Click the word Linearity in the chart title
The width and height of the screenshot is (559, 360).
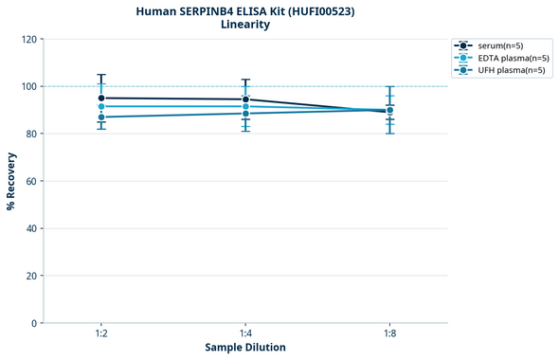coord(244,25)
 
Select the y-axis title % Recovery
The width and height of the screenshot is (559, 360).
coord(11,180)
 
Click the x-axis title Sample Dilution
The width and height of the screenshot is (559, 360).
coord(245,348)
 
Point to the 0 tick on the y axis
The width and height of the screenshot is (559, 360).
coord(33,323)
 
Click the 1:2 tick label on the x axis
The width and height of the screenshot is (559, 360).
coord(101,334)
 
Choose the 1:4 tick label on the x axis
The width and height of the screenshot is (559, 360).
coord(245,334)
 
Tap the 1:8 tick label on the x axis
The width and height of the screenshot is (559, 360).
coord(389,334)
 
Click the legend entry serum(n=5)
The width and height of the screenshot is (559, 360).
coord(499,45)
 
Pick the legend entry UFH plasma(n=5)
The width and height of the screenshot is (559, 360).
coord(510,70)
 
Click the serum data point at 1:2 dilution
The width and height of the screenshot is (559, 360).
coord(101,98)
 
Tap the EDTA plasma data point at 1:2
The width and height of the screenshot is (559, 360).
coord(101,106)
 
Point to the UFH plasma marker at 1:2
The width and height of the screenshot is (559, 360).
coord(101,117)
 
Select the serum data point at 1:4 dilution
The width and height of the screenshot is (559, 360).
coord(245,99)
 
